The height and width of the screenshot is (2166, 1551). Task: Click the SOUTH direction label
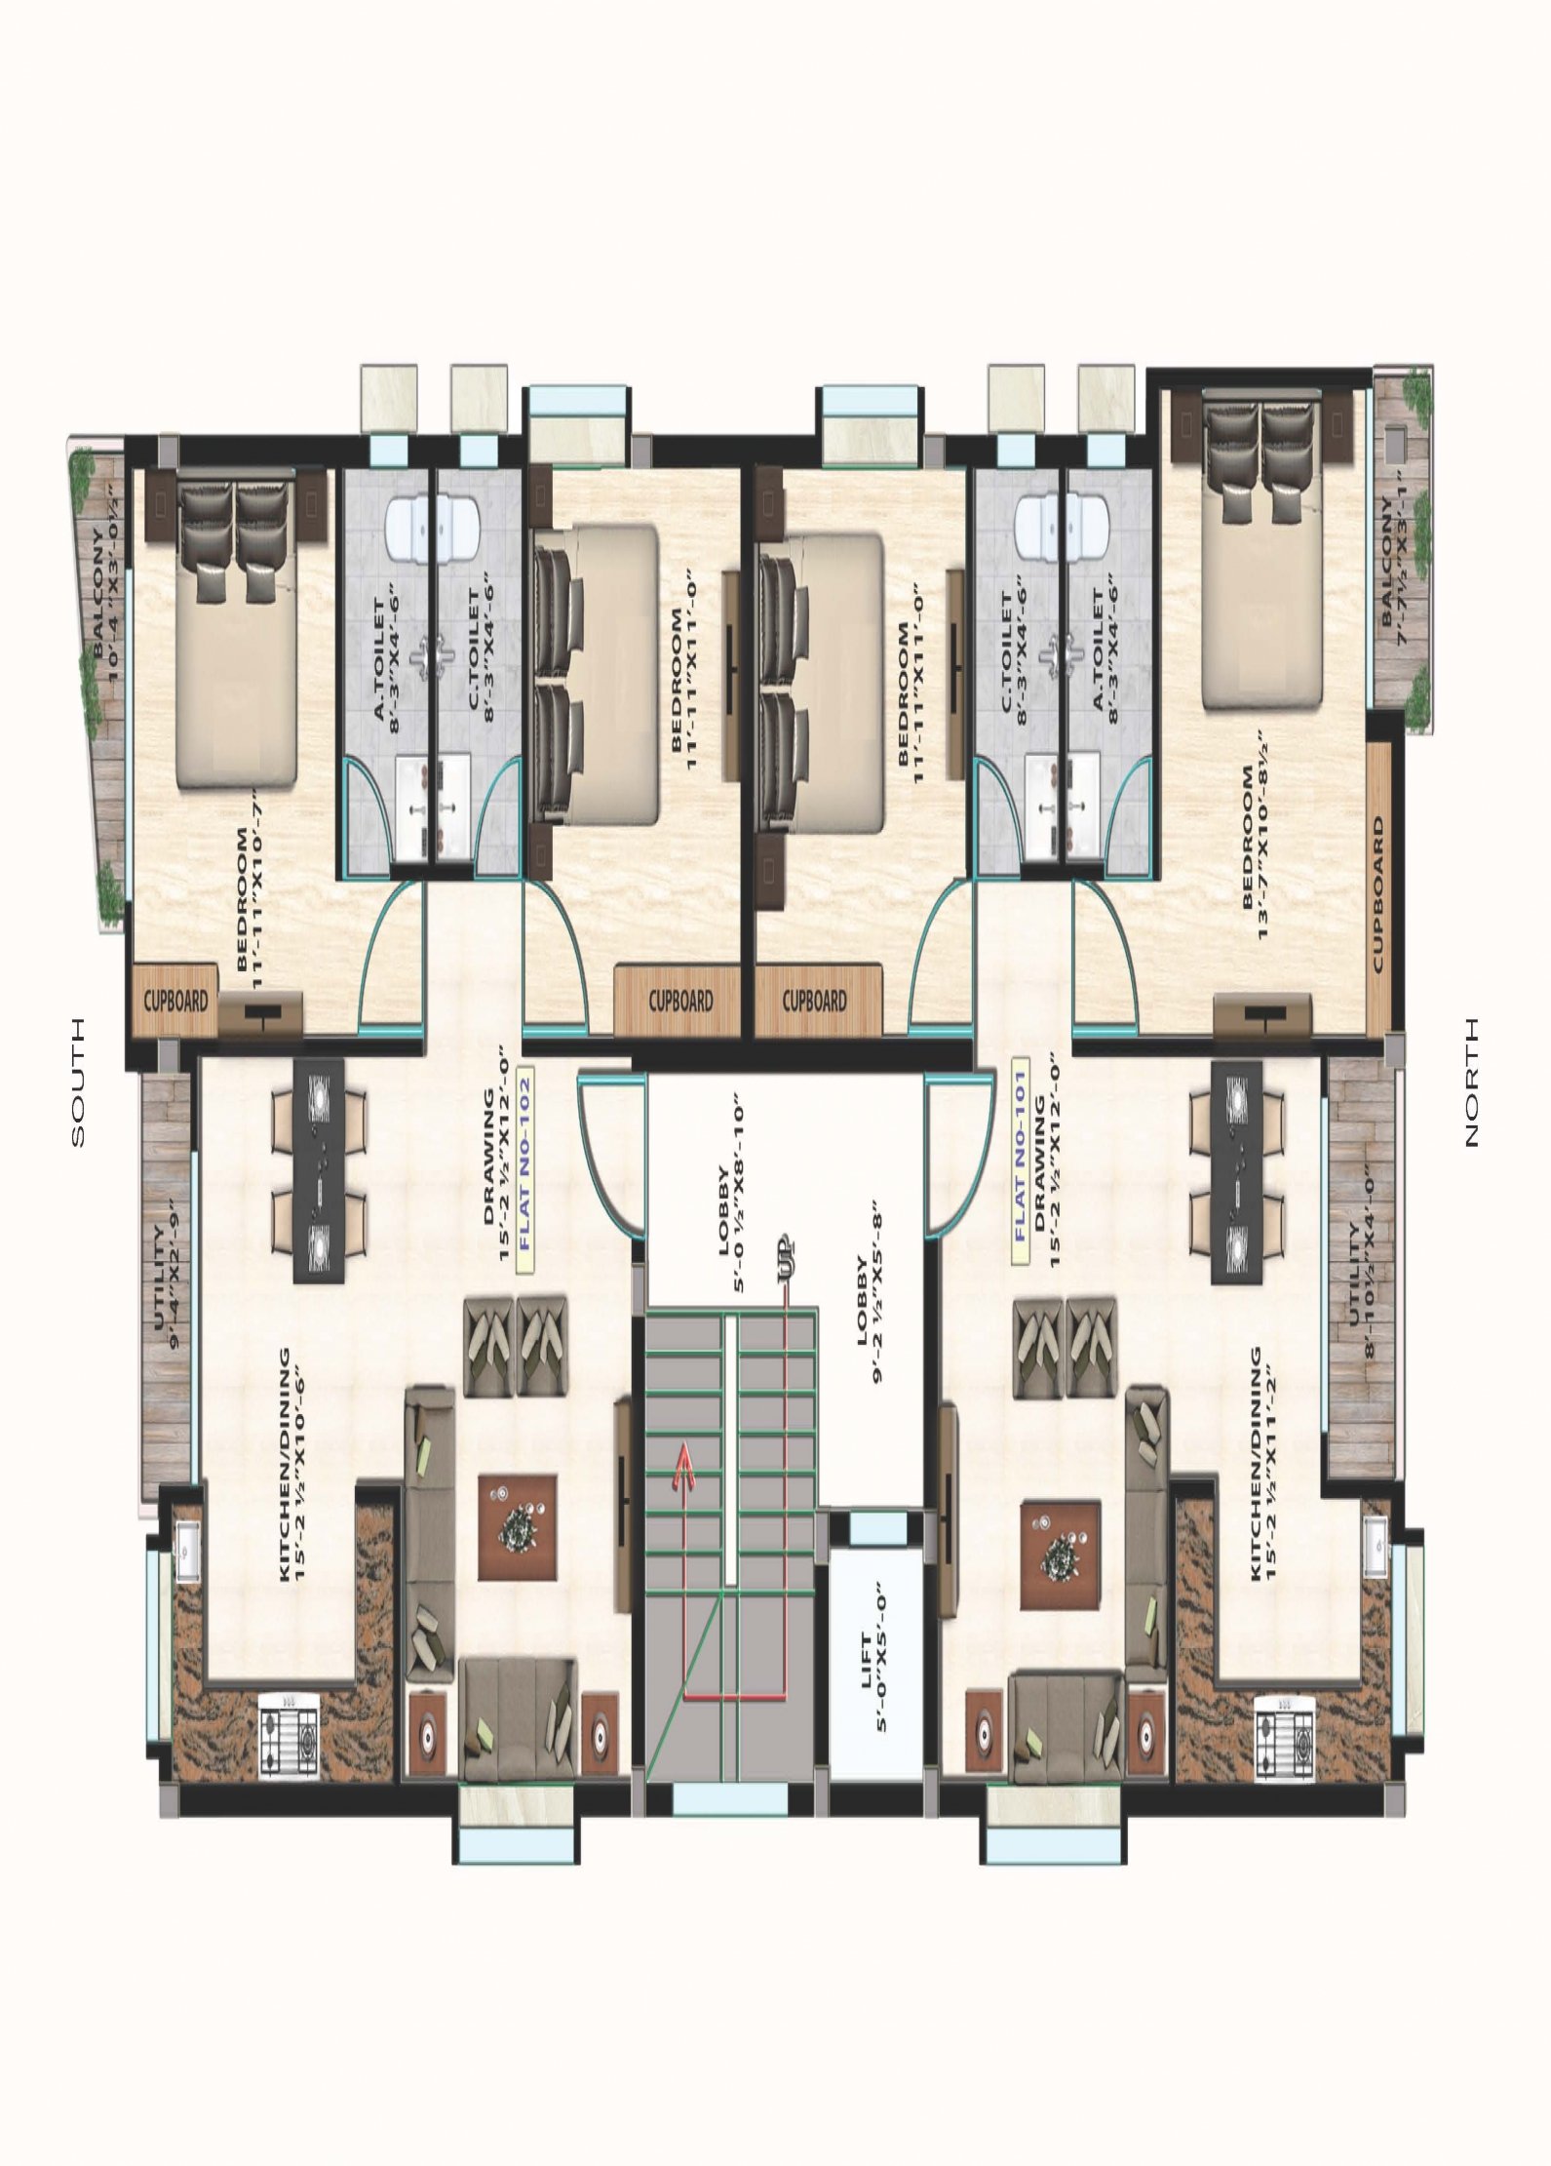[x=77, y=1083]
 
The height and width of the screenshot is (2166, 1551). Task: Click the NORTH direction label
[x=1471, y=1082]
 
